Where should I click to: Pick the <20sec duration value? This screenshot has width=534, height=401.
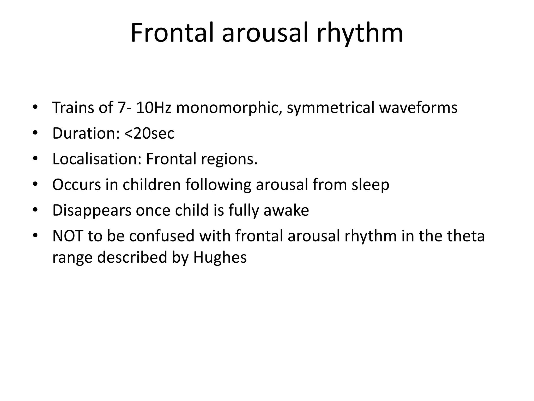click(149, 133)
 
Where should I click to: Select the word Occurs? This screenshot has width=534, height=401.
click(76, 185)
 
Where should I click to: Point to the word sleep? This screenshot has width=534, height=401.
click(370, 185)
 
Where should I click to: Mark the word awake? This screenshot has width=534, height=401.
click(286, 210)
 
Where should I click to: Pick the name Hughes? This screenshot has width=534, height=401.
click(220, 257)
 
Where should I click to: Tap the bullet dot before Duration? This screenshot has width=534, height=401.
click(35, 133)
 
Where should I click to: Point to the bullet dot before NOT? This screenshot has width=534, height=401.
click(35, 236)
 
